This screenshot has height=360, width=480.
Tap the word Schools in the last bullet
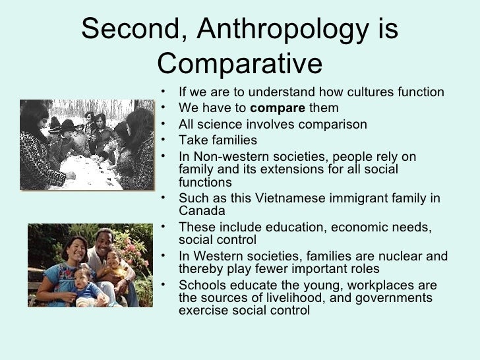[202, 285]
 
